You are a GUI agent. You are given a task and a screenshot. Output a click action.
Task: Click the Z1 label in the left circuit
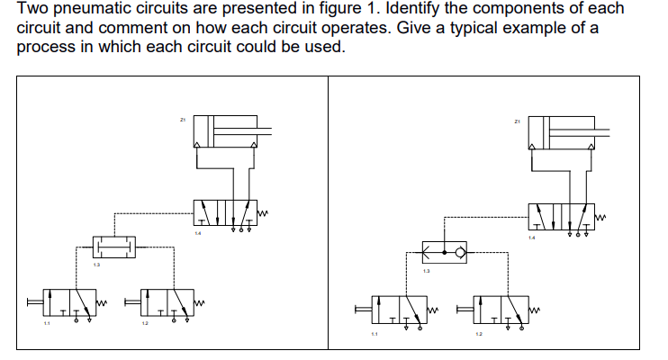pyautogui.click(x=183, y=119)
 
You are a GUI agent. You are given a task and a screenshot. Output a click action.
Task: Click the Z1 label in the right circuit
pyautogui.click(x=517, y=120)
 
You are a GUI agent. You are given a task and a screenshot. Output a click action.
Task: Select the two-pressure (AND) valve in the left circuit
pyautogui.click(x=114, y=244)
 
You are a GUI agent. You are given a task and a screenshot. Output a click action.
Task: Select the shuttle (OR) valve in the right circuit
pyautogui.click(x=446, y=251)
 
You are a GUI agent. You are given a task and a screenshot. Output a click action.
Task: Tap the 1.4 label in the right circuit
pyautogui.click(x=531, y=238)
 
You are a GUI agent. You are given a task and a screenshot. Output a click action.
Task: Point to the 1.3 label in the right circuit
pyautogui.click(x=428, y=271)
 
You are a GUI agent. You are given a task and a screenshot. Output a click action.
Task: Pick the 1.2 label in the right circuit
pyautogui.click(x=479, y=335)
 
